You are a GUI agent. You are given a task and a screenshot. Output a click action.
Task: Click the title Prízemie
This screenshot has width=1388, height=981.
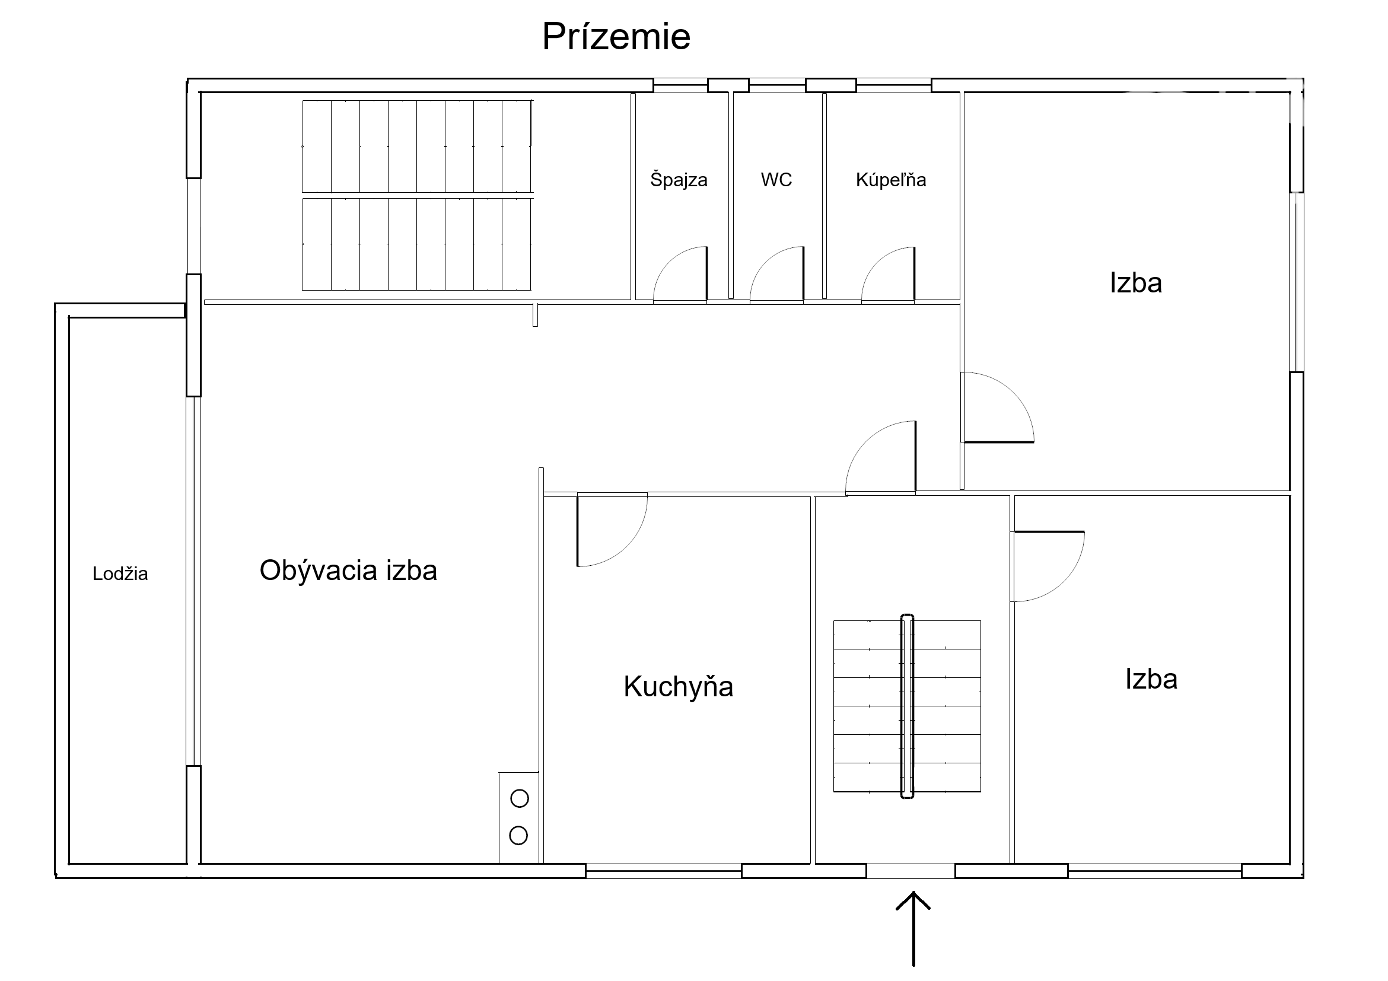tap(616, 36)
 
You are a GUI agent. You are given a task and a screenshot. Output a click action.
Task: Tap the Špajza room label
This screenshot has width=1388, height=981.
tap(679, 180)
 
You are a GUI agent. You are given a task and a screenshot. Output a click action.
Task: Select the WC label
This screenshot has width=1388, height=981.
tap(776, 180)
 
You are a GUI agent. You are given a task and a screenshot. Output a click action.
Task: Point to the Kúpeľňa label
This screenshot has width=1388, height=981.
tap(890, 180)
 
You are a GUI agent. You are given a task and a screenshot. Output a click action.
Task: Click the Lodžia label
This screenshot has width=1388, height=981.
tap(120, 573)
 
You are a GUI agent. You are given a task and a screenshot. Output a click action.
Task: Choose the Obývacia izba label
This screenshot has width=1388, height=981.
tap(348, 570)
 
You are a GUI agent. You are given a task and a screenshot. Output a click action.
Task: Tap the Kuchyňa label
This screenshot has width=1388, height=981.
tap(679, 687)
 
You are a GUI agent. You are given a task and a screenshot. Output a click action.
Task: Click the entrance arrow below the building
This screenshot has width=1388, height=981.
tap(913, 928)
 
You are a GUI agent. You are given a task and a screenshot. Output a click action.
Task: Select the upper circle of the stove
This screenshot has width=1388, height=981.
tap(519, 798)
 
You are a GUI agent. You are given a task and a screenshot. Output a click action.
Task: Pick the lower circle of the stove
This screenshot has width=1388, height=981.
tap(518, 835)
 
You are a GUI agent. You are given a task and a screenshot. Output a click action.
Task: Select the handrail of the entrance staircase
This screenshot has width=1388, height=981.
tap(907, 706)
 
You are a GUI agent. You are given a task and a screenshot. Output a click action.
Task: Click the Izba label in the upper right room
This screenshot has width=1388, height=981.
tap(1135, 283)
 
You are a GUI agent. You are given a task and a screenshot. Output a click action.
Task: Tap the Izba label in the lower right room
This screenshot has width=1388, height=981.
tap(1151, 679)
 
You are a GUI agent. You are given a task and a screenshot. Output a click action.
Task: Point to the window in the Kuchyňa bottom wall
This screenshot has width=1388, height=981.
tap(663, 871)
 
